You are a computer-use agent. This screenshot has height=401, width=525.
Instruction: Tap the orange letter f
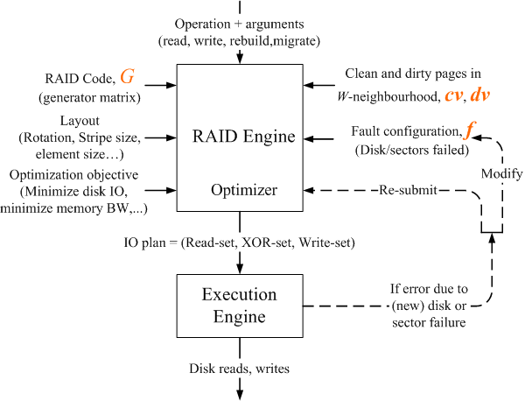[x=470, y=131]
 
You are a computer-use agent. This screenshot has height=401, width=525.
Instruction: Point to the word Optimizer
[x=238, y=189]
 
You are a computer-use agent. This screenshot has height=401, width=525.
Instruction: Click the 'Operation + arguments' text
[x=238, y=23]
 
